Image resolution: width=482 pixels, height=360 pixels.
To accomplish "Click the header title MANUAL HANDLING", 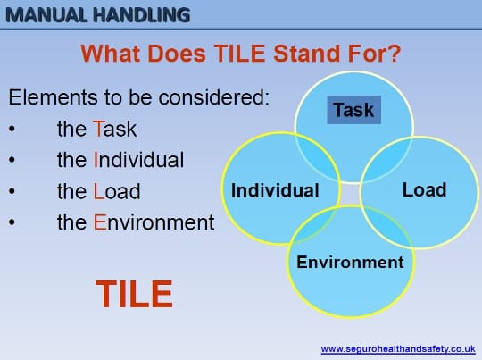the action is (98, 15).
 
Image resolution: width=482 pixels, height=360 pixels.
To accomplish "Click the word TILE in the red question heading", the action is (239, 54).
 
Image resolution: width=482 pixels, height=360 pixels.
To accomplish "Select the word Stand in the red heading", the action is (307, 54).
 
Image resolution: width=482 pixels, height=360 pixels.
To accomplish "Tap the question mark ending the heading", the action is (394, 54).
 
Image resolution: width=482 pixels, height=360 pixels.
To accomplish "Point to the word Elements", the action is (54, 97).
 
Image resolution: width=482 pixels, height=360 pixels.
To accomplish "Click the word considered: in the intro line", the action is (214, 97).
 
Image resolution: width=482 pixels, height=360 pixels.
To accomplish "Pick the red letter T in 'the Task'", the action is (97, 129).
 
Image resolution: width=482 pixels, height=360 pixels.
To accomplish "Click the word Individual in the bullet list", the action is (138, 160).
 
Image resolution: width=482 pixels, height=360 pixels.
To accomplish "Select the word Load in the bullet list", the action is (117, 191).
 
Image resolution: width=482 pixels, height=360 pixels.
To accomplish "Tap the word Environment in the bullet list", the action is (154, 222).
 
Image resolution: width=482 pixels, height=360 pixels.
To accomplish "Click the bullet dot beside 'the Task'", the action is (12, 129).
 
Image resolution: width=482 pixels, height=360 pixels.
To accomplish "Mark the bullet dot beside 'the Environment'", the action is (12, 222).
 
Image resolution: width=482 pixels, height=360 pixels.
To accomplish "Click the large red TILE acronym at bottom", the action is (134, 294).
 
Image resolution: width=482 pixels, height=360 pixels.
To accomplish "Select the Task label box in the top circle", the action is (353, 110).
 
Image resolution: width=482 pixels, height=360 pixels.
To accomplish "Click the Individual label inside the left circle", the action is (275, 190).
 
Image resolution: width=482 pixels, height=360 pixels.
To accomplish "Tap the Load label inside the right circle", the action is (424, 189).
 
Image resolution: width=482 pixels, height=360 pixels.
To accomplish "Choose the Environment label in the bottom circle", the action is (350, 262).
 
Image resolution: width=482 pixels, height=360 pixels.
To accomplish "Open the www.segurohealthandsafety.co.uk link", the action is (398, 349).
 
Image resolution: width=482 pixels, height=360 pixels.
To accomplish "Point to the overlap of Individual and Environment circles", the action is (313, 224).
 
